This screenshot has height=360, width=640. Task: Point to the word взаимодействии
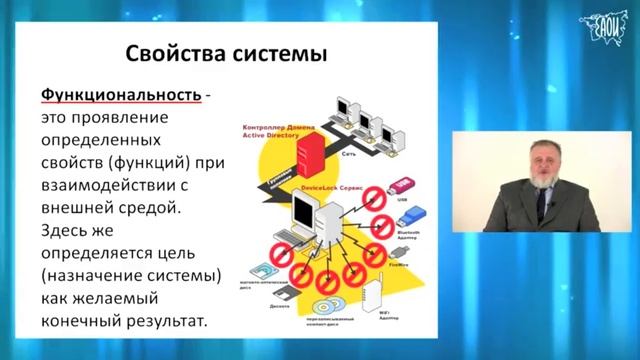(113, 186)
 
